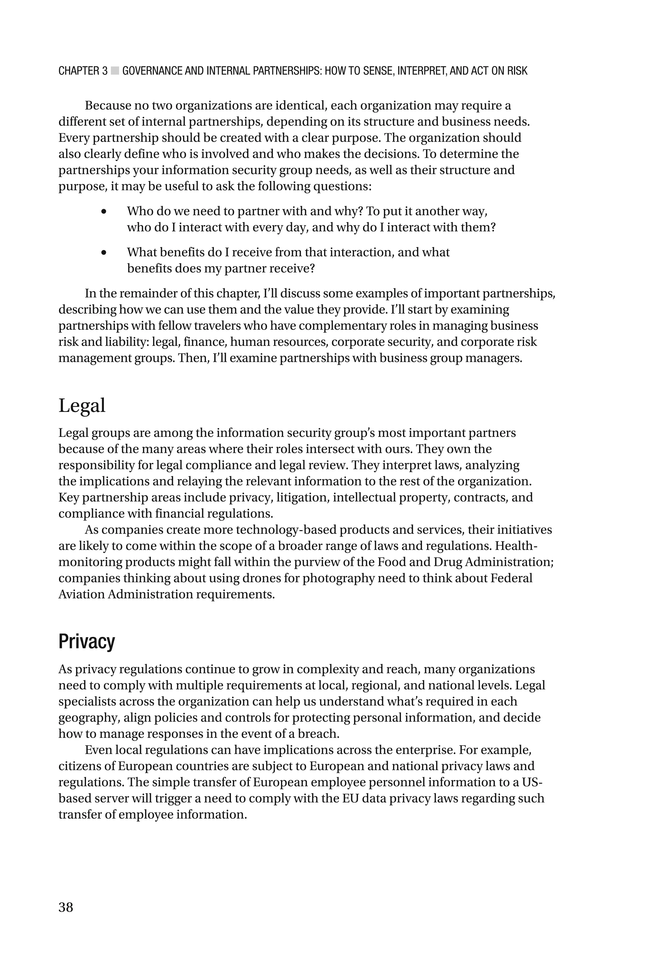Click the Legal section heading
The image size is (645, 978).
pyautogui.click(x=82, y=406)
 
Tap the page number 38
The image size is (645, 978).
pyautogui.click(x=66, y=907)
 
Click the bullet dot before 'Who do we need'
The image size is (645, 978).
pyautogui.click(x=104, y=211)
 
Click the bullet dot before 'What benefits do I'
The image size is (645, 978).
pyautogui.click(x=104, y=253)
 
